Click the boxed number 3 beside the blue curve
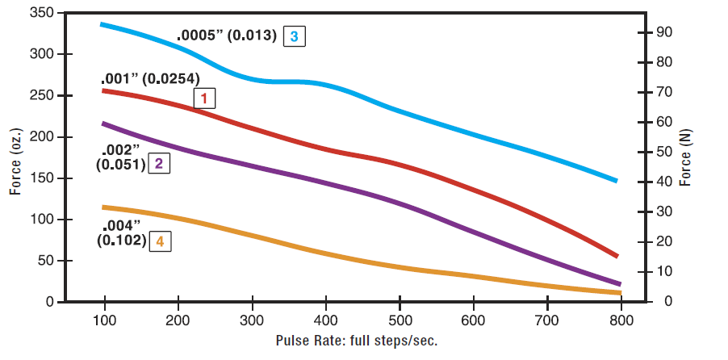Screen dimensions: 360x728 click(x=295, y=36)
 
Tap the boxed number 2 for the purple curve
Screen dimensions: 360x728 click(x=159, y=164)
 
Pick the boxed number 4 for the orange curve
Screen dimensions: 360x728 click(x=160, y=241)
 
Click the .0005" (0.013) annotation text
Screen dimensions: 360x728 click(x=227, y=36)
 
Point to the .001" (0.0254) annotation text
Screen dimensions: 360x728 click(x=150, y=80)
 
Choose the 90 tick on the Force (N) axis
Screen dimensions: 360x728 click(x=665, y=33)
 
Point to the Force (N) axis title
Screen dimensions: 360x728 click(x=687, y=157)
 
